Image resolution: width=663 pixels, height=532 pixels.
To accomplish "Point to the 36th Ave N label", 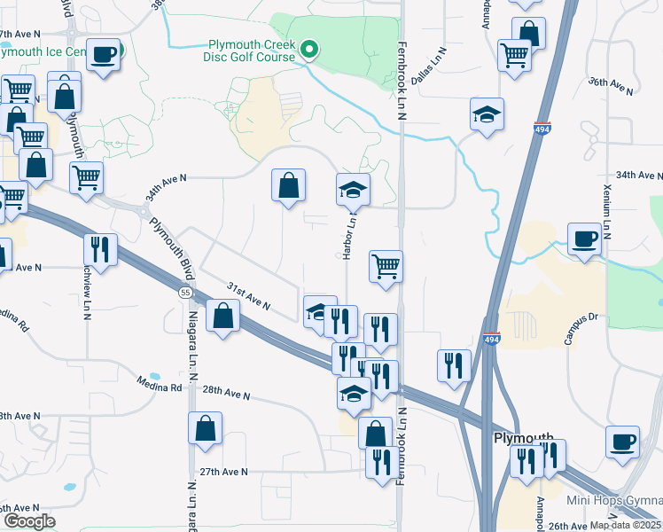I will point(612,86).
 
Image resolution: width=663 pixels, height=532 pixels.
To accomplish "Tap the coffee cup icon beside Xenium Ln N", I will point(584,239).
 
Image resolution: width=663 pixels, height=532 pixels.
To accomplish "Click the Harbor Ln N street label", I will point(348,235).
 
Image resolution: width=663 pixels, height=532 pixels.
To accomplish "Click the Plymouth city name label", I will point(523,439).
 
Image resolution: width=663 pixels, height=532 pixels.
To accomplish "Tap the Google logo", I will point(29,520).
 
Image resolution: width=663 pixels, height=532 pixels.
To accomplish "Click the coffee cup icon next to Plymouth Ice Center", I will point(103,56).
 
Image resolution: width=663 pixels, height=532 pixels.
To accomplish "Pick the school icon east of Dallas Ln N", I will point(486,115).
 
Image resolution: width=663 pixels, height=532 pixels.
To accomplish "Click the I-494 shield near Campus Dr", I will point(491,338).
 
